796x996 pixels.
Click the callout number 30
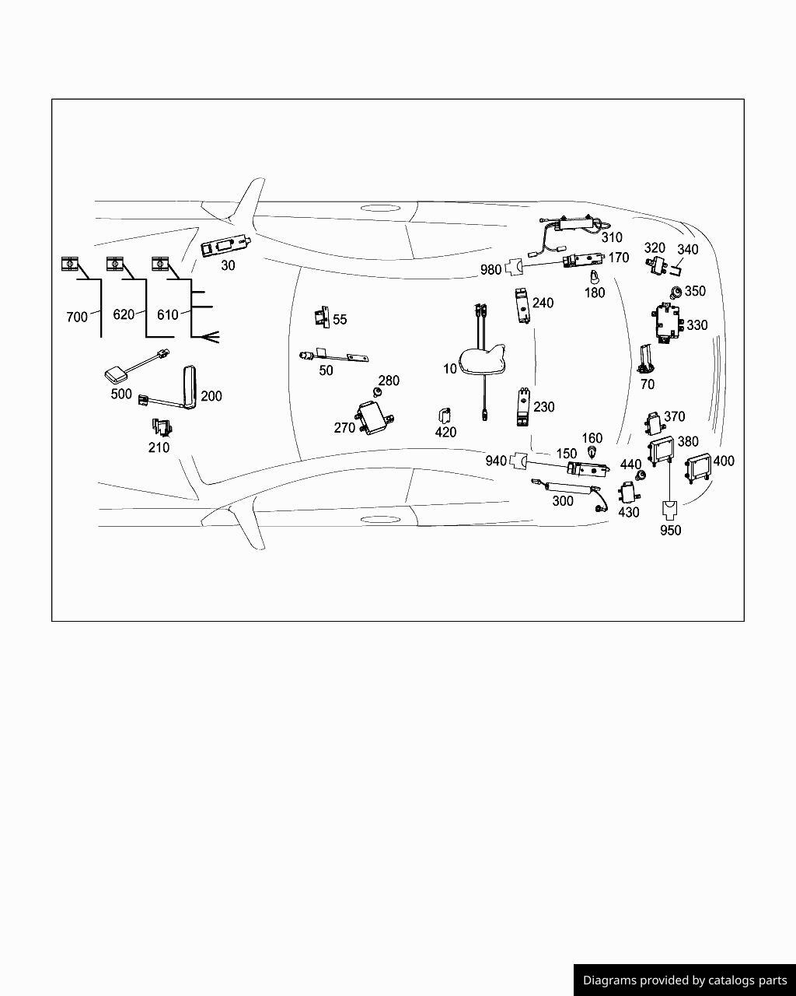228,265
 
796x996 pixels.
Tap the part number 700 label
77,317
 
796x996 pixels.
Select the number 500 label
121,394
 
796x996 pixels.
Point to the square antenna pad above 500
116,373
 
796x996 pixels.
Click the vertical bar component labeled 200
190,388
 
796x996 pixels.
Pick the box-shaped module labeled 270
374,418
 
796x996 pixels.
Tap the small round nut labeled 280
378,393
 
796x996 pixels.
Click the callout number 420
446,432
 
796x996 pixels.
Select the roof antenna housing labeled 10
481,359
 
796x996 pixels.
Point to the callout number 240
543,303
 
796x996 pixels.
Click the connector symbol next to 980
515,267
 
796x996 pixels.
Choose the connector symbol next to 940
518,460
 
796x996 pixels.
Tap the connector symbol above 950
670,511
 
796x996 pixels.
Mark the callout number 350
695,291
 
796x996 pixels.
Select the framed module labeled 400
697,468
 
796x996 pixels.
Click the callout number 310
612,237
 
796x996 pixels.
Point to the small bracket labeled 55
322,317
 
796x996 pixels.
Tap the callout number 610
167,314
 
